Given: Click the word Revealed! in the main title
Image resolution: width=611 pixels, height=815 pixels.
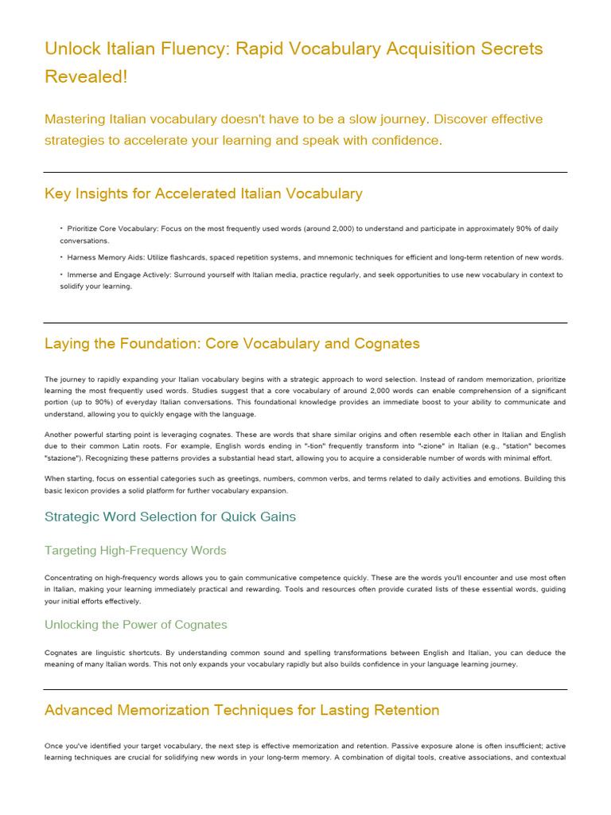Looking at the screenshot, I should coord(86,76).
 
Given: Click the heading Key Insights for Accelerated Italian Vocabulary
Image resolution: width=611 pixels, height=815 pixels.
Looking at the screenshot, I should coord(204,193).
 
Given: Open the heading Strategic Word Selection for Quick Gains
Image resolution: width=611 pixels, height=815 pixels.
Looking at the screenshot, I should coord(170,517).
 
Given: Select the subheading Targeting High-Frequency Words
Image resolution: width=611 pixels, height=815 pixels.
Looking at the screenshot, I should coord(135,551).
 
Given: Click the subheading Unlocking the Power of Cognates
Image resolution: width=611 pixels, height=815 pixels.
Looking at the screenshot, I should coord(136,625).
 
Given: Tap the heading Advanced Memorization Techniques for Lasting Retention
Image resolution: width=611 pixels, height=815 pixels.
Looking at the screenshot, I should coord(242,710).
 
